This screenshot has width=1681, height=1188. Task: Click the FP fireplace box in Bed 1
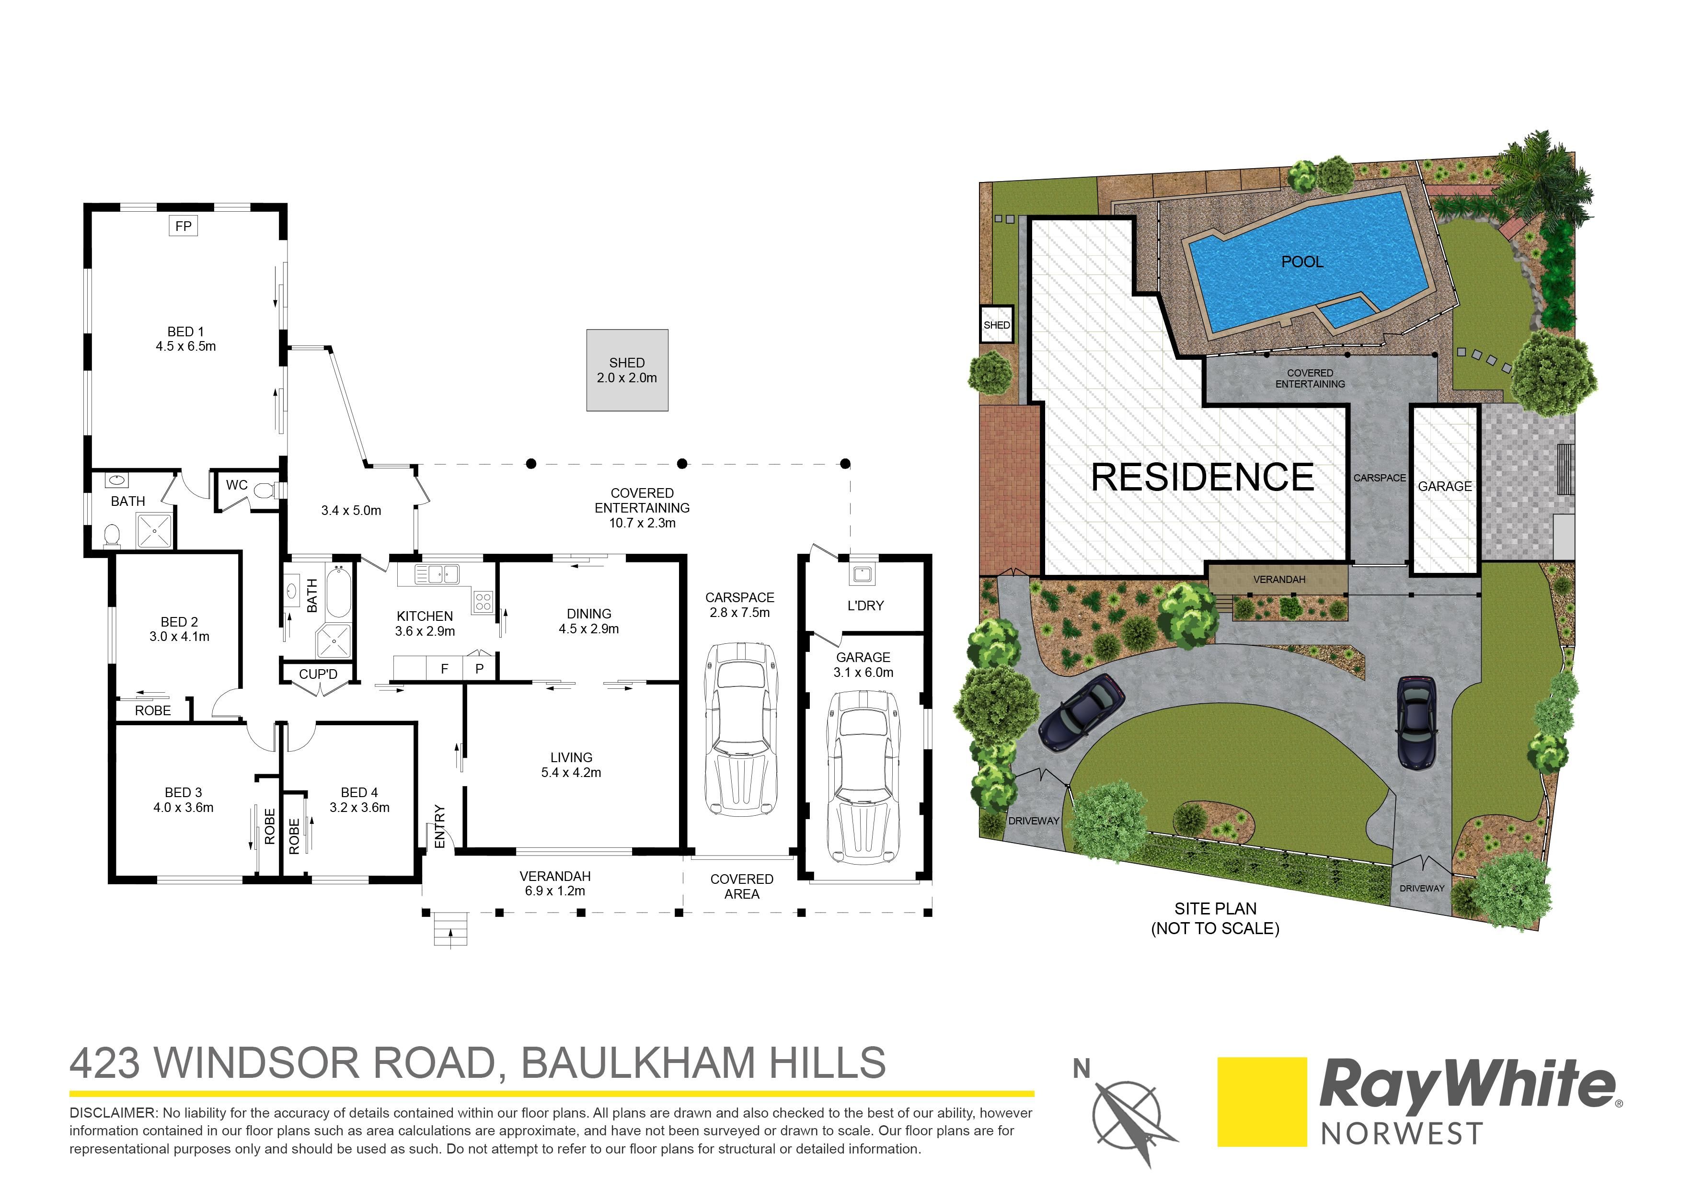(x=183, y=226)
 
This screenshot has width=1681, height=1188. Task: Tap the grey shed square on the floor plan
(x=627, y=370)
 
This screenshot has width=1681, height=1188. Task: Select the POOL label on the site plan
(x=1302, y=262)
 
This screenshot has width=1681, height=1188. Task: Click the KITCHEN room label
(x=425, y=617)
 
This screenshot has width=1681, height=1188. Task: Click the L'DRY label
(x=865, y=605)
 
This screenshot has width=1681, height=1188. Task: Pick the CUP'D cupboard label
(x=318, y=674)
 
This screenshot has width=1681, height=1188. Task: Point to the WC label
(x=237, y=485)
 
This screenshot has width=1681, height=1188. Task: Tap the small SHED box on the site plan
(x=996, y=324)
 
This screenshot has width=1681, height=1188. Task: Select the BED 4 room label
(x=359, y=793)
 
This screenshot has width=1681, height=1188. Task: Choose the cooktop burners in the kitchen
(x=483, y=602)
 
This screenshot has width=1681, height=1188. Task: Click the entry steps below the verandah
(x=449, y=930)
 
